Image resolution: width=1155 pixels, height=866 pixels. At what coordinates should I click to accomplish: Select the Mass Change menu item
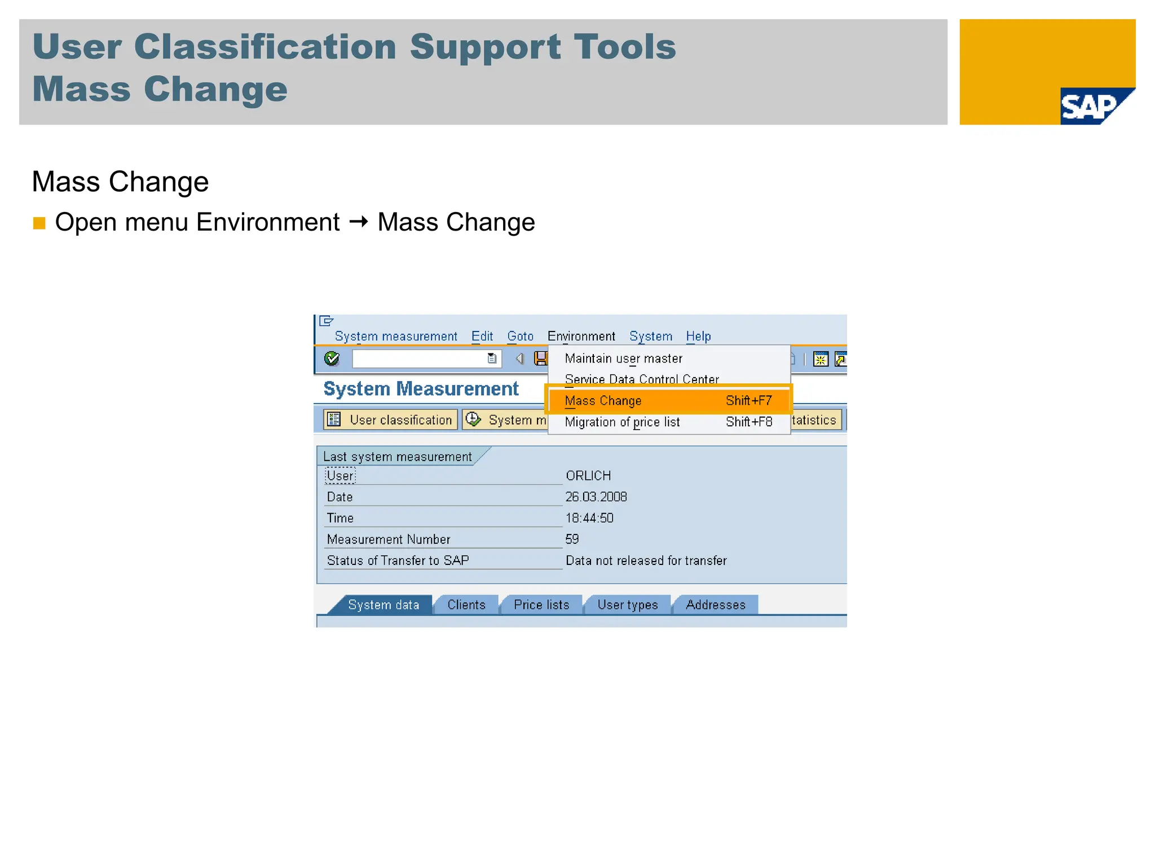pyautogui.click(x=603, y=401)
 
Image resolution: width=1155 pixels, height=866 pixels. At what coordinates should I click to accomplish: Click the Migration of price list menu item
pyautogui.click(x=622, y=422)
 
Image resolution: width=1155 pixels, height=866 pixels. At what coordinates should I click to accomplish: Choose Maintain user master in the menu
pyautogui.click(x=623, y=359)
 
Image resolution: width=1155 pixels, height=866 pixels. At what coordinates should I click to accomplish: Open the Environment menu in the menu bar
pyautogui.click(x=581, y=337)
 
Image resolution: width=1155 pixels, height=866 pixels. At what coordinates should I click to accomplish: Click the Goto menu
pyautogui.click(x=520, y=337)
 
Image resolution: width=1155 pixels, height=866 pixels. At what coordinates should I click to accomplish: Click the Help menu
pyautogui.click(x=698, y=337)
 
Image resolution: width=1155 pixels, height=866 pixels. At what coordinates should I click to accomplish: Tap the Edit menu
pyautogui.click(x=482, y=337)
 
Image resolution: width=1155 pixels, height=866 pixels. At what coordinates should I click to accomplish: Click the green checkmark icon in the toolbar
pyautogui.click(x=332, y=359)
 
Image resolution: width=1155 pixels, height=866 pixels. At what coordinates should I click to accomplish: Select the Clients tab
pyautogui.click(x=466, y=605)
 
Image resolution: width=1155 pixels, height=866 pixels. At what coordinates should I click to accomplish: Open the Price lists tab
pyautogui.click(x=541, y=605)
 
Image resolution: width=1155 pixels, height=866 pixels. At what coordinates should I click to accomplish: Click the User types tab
pyautogui.click(x=628, y=605)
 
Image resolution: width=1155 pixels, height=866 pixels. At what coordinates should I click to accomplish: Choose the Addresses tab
pyautogui.click(x=716, y=605)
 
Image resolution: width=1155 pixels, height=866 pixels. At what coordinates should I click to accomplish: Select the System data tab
pyautogui.click(x=383, y=605)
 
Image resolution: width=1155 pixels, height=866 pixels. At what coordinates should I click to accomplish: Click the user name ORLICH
pyautogui.click(x=588, y=476)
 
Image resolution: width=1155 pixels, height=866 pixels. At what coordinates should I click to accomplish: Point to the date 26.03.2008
pyautogui.click(x=596, y=497)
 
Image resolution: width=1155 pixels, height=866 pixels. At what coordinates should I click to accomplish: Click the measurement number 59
pyautogui.click(x=572, y=539)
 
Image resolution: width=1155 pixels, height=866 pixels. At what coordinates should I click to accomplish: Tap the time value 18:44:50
pyautogui.click(x=589, y=518)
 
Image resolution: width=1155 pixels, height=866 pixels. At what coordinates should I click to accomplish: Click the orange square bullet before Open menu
pyautogui.click(x=39, y=223)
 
